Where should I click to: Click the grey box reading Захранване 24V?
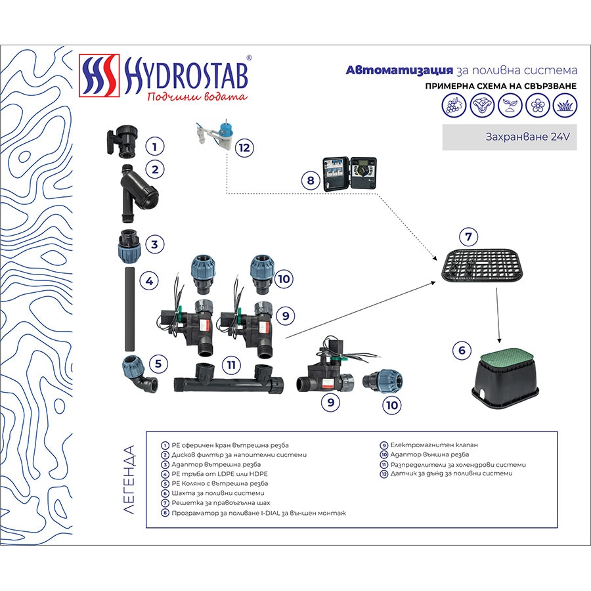(x=509, y=138)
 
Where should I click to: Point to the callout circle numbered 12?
(x=244, y=147)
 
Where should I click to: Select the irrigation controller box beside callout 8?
(x=349, y=174)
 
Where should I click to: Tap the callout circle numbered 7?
(x=468, y=236)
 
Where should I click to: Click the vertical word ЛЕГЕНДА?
(x=129, y=479)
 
